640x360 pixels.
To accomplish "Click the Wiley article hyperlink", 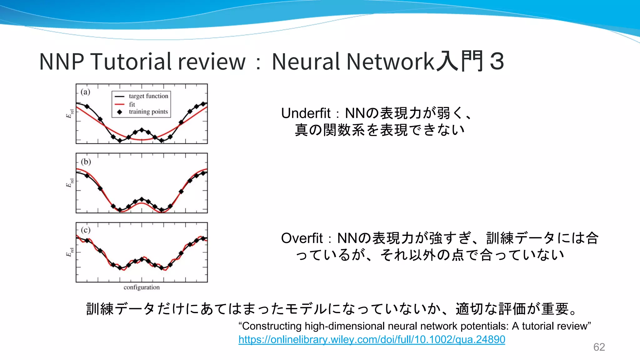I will coord(372,339).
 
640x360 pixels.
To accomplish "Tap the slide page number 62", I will coord(599,347).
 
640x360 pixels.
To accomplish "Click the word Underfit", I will coord(306,113).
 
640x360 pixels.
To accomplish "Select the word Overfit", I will coord(302,238).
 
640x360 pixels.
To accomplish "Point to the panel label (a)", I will coord(85,92).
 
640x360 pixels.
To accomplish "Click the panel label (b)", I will coord(86,162).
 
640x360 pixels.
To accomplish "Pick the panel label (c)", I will coord(86,230).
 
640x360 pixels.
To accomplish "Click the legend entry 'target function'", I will coord(148,96).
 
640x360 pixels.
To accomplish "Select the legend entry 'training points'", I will coord(148,112).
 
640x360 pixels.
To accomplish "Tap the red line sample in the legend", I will coord(120,104).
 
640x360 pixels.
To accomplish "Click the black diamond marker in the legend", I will coord(120,112).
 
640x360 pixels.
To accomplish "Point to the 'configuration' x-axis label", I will coord(142,287).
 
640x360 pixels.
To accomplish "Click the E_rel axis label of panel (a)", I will coord(70,114).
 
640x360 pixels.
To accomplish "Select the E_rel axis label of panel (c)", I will coord(70,252).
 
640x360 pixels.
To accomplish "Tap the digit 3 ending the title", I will coord(497,61).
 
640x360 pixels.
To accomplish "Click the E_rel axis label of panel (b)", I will coord(70,183).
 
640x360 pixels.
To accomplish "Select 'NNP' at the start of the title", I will coord(62,61).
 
